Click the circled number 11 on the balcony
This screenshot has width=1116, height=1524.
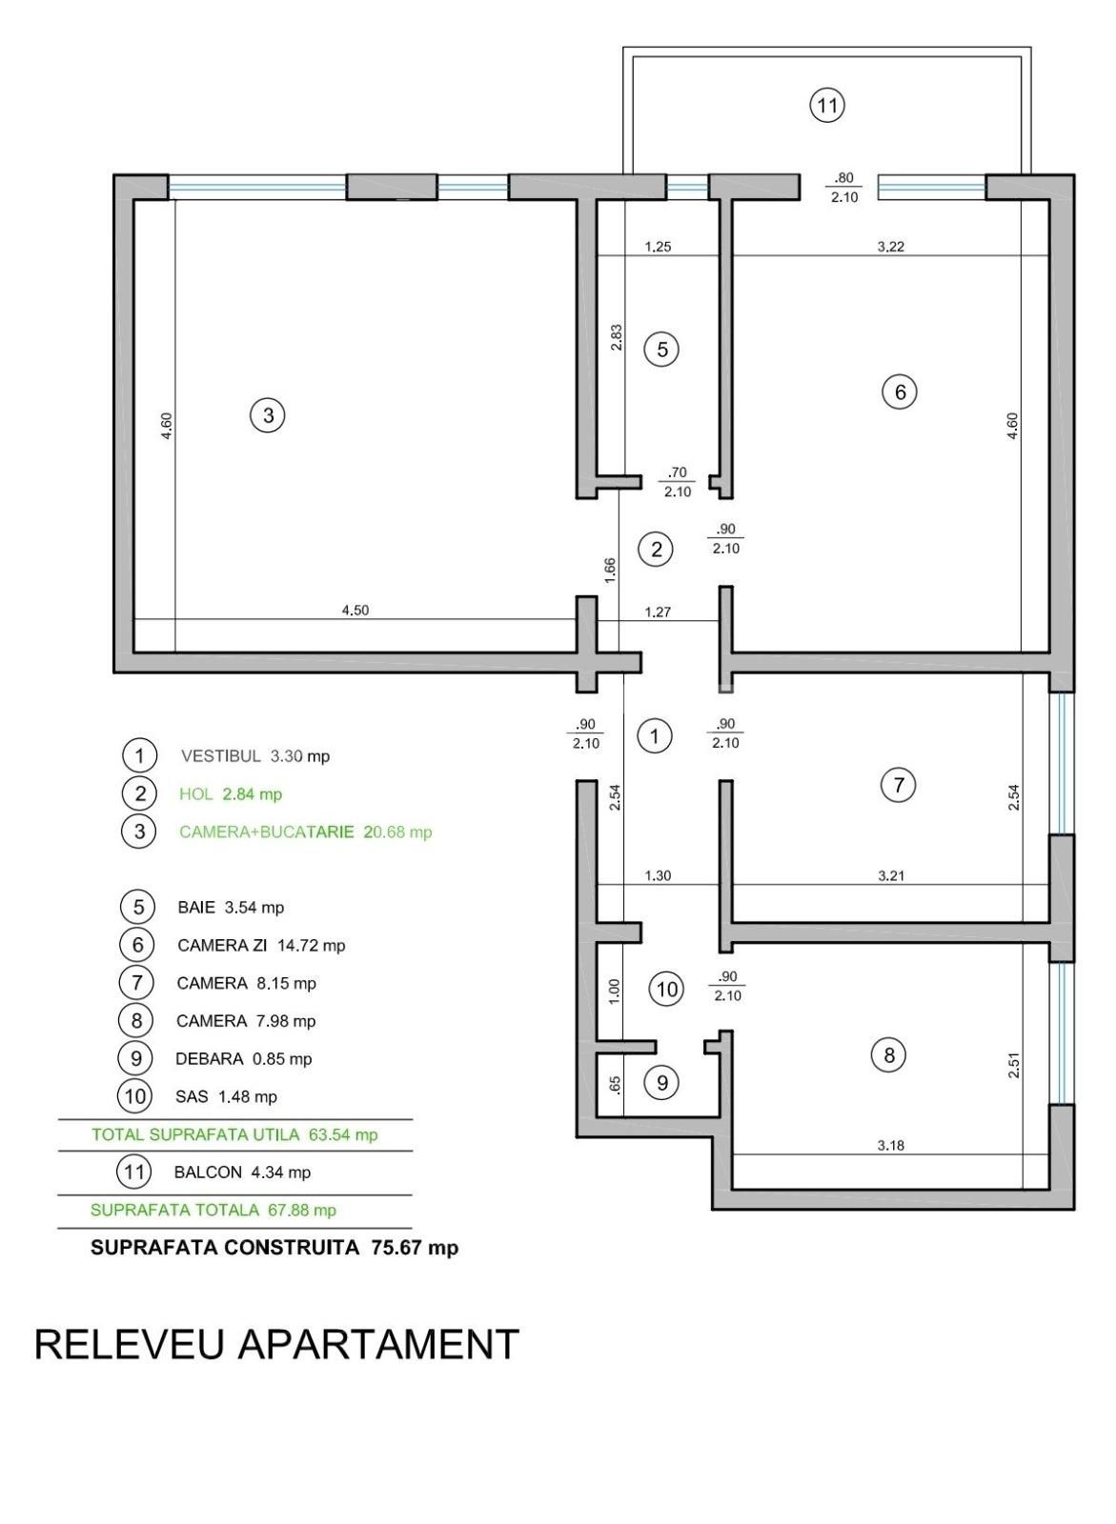coord(827,104)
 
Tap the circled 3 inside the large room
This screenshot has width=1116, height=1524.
coord(268,415)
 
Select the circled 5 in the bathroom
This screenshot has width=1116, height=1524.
coord(662,350)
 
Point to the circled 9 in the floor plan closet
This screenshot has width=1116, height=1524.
coord(661,1083)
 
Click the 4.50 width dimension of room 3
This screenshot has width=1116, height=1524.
coord(355,611)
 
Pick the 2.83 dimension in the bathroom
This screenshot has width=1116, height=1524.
coord(617,338)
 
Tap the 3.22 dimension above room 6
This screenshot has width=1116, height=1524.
coord(890,246)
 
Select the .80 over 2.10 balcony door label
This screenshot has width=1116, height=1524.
coord(843,188)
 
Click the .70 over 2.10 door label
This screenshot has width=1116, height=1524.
coord(678,482)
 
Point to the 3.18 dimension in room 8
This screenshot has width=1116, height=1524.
coord(890,1145)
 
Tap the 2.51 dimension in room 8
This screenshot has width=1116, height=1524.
coord(1014,1065)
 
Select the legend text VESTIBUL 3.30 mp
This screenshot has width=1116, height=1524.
coord(254,756)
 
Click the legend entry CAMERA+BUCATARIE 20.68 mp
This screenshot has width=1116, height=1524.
coord(305,832)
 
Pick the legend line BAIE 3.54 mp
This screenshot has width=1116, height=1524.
coord(231,907)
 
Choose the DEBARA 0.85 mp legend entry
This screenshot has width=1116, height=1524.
coord(243,1058)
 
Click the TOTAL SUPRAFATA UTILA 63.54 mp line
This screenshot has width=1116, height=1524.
coord(234,1134)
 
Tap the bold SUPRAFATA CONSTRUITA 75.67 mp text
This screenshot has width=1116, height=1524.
coord(274,1247)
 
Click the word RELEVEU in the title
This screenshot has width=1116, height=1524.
coord(130,1344)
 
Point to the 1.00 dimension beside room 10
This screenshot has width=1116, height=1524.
coord(615,990)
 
